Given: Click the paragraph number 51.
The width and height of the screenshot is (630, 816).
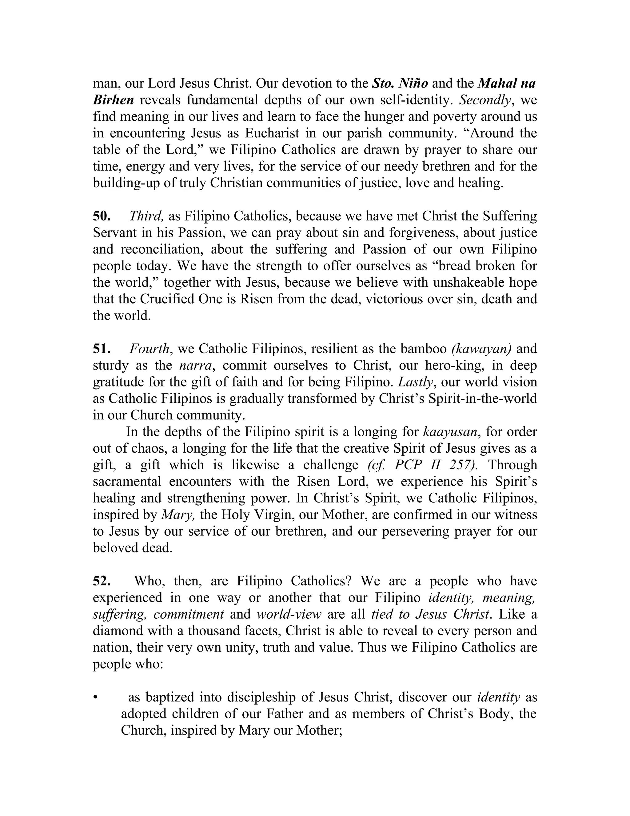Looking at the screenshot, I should [x=101, y=349].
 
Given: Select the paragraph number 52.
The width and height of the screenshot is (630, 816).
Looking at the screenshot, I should [x=101, y=581].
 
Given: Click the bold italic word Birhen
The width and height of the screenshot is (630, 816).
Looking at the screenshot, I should [x=113, y=100].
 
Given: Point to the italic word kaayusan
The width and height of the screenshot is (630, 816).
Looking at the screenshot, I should [x=450, y=432].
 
